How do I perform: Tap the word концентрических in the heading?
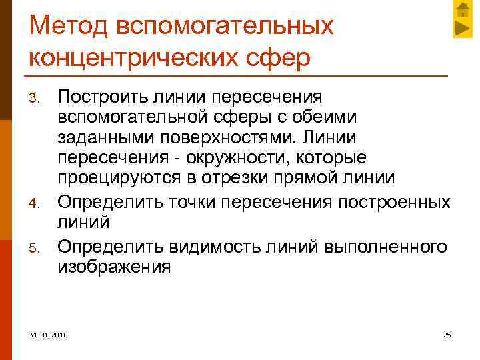(127, 57)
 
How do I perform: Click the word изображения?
(114, 267)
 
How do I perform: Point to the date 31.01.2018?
(48, 334)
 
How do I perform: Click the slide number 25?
(447, 334)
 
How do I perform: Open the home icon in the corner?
(463, 9)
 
